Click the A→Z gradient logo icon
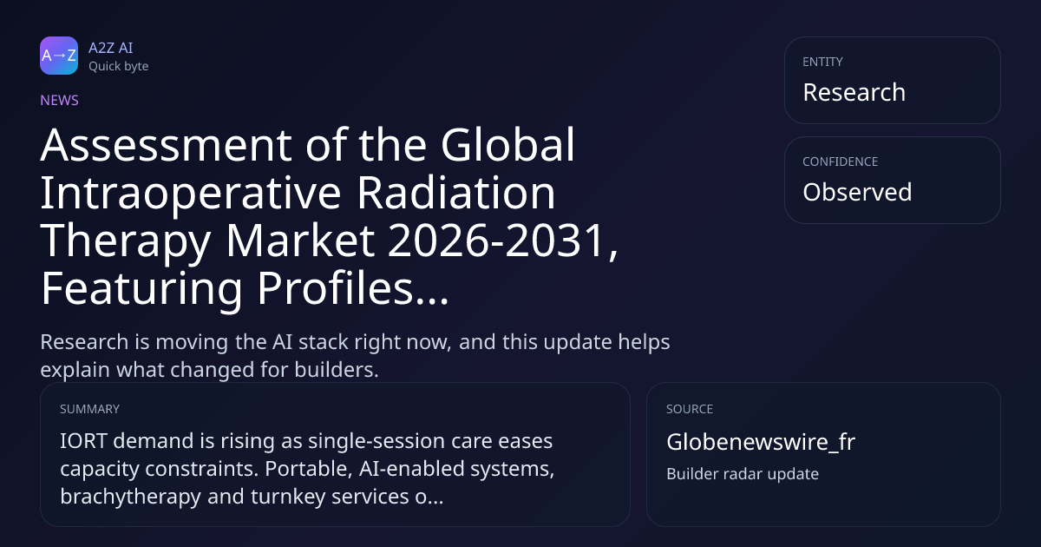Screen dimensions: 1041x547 point(59,56)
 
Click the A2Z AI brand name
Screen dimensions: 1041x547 point(111,48)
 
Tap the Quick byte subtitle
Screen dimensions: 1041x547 point(119,67)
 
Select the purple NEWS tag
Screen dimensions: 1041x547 point(60,101)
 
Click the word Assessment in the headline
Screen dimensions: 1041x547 point(167,145)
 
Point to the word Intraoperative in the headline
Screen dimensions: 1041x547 point(191,194)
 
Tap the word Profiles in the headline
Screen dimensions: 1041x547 point(335,288)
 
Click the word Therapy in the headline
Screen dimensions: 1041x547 point(126,241)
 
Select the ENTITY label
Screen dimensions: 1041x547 point(822,62)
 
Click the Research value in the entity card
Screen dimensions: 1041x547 point(854,92)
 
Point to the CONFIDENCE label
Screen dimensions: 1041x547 point(841,161)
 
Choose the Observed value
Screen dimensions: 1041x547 point(857,192)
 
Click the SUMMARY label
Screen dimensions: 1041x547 point(89,409)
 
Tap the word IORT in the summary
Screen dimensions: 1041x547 point(83,441)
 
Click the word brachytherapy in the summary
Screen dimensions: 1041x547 point(131,497)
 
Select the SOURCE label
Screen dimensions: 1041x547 point(690,409)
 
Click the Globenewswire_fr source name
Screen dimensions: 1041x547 point(761,442)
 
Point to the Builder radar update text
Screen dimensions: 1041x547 point(743,474)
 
